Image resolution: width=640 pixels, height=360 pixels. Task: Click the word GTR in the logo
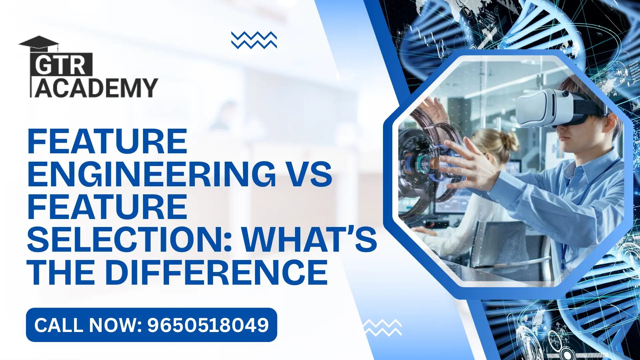click(x=61, y=65)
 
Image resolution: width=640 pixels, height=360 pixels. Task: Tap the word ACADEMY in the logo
click(x=96, y=88)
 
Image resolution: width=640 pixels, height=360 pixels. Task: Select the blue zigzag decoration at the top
click(x=254, y=40)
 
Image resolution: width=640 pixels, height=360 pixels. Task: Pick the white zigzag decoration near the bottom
click(x=382, y=327)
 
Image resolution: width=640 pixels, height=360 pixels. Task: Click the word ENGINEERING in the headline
click(x=152, y=174)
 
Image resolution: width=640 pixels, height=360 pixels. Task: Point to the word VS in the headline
click(x=310, y=174)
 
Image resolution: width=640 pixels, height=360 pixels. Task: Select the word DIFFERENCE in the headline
click(x=217, y=272)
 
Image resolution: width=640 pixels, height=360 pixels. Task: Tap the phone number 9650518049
click(x=208, y=325)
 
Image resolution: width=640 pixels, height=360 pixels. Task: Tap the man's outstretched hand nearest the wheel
click(x=467, y=163)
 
